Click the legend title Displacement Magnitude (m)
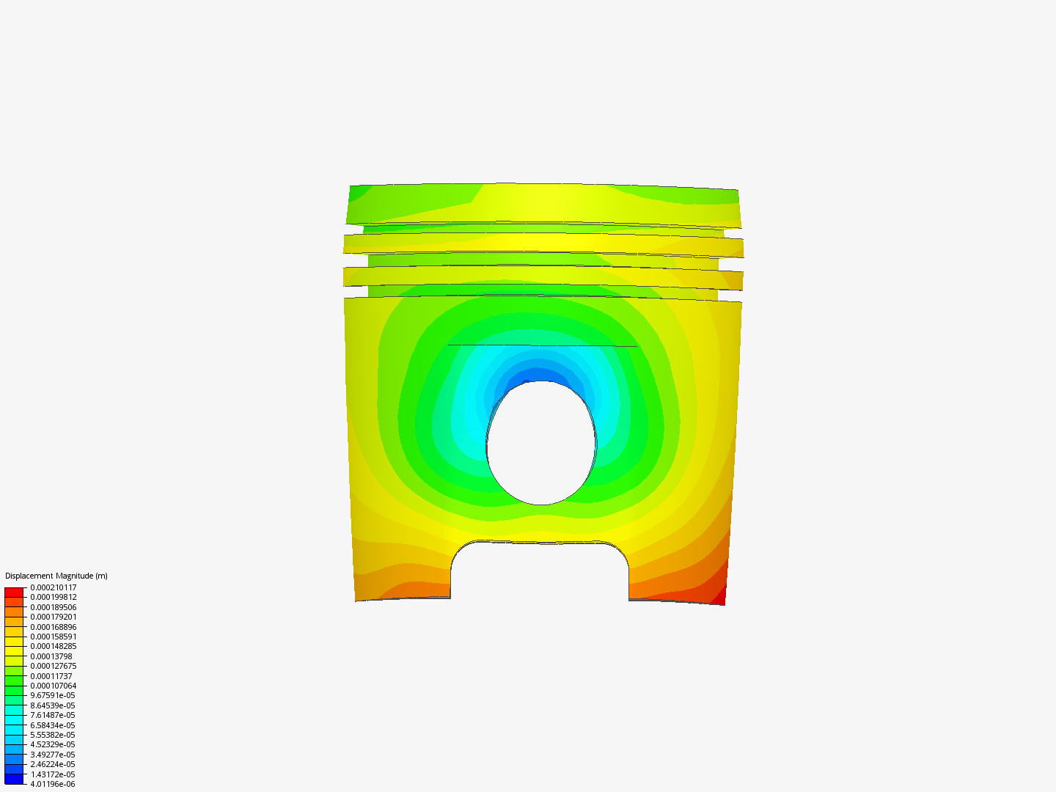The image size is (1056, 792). [x=56, y=576]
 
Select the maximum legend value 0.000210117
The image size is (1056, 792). [x=53, y=587]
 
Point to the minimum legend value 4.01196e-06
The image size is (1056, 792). [x=52, y=784]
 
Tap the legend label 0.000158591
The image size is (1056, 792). [x=53, y=637]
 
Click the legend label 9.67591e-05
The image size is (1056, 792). [x=52, y=695]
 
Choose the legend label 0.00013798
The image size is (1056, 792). [x=51, y=656]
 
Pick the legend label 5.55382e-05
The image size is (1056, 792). [x=52, y=735]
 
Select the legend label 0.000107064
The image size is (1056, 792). [x=53, y=686]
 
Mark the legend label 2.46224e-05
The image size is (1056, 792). [x=52, y=764]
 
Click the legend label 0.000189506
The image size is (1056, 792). [x=53, y=607]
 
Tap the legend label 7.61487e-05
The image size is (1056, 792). [x=52, y=715]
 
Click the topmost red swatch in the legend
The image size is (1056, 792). [x=14, y=592]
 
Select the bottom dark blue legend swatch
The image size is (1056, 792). [x=14, y=779]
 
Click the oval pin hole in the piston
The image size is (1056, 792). [x=541, y=444]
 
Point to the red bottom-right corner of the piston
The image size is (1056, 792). [x=718, y=595]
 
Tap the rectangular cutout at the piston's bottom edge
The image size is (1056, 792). [x=540, y=572]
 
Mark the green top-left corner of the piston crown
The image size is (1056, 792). [x=359, y=194]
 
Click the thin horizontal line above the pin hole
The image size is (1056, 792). [x=542, y=345]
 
